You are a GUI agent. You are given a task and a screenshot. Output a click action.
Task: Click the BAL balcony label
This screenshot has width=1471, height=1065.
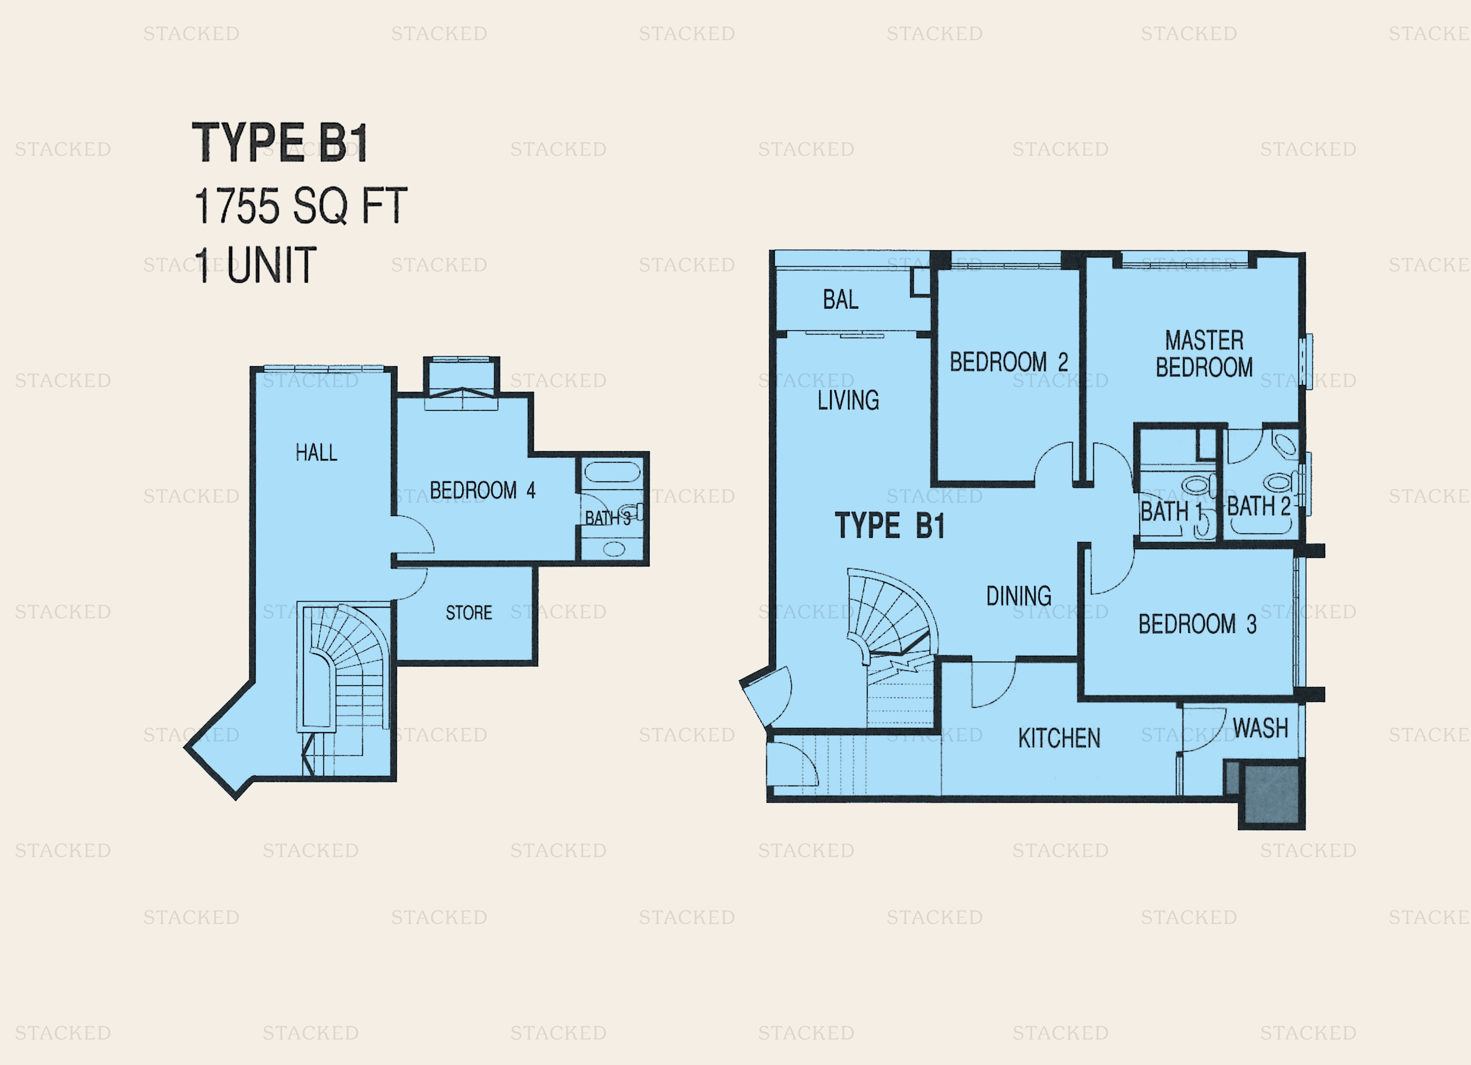[x=841, y=300]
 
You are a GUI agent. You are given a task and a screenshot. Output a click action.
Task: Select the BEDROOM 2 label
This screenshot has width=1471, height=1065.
[x=1008, y=362]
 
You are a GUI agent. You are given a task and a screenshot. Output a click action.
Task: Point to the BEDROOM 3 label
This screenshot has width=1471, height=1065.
[x=1197, y=624]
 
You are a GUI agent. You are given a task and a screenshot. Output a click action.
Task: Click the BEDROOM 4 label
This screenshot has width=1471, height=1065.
[x=483, y=490]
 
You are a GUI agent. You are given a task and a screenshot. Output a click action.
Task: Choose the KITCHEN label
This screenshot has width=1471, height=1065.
[x=1059, y=738]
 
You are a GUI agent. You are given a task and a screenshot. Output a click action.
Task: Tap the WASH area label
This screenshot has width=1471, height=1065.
[x=1260, y=728]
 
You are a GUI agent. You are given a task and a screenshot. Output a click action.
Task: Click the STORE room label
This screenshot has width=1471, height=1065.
[x=469, y=613]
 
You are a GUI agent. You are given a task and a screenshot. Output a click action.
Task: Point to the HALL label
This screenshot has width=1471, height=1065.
[x=317, y=453]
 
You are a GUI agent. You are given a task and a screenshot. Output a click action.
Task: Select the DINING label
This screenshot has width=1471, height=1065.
[x=1019, y=596]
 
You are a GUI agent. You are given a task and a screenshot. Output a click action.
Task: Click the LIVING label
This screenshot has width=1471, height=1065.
[x=848, y=401]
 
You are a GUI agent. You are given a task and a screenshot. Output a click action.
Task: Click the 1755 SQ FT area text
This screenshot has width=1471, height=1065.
[x=300, y=206]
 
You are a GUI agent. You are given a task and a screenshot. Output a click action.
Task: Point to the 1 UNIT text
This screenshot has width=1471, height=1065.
[x=255, y=265]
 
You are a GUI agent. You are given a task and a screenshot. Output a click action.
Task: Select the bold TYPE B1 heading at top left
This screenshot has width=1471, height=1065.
[x=280, y=142]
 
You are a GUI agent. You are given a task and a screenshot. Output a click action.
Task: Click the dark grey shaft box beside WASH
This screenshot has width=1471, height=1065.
[x=1270, y=794]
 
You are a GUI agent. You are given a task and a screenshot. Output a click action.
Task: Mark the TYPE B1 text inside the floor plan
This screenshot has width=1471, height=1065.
[x=890, y=525]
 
